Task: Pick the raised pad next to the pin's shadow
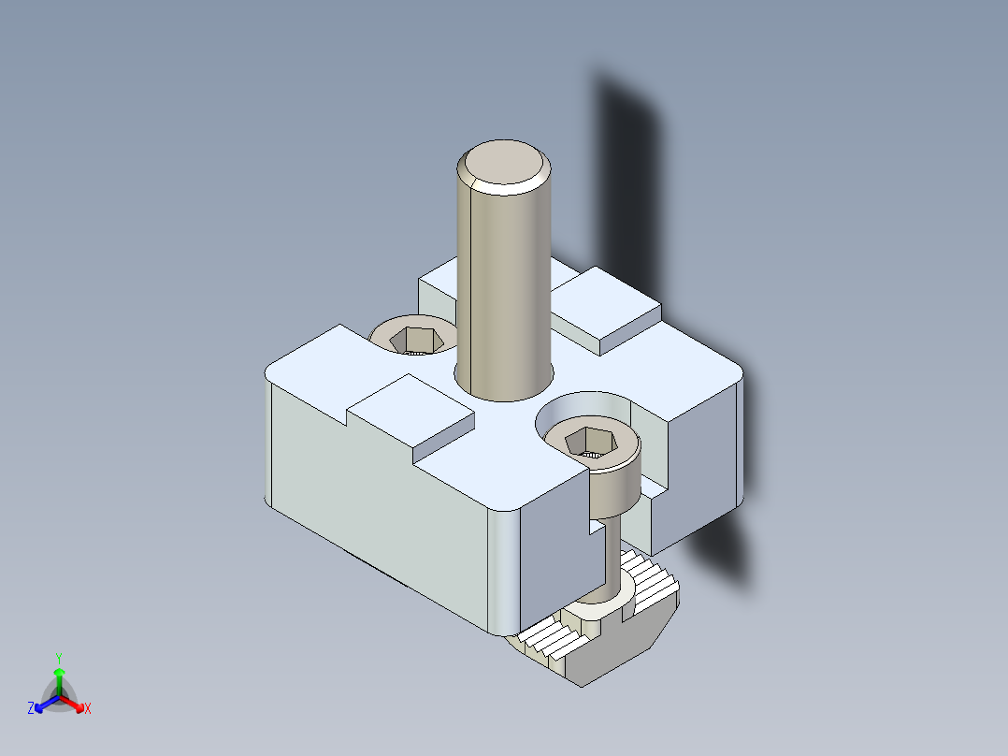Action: tap(608, 304)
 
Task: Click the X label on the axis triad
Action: tap(88, 709)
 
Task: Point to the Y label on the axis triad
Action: tap(59, 658)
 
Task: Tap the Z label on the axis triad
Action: tap(31, 709)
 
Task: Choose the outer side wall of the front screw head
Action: tap(617, 491)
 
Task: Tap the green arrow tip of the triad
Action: tap(59, 673)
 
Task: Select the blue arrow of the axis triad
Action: tap(43, 705)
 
